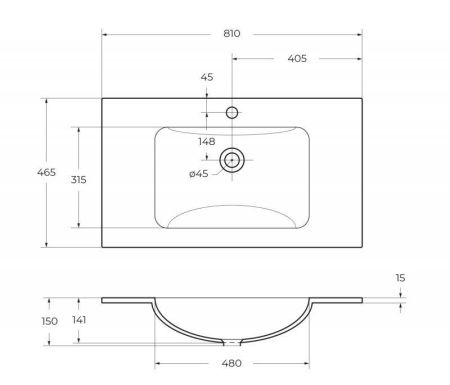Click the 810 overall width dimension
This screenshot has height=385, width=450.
pyautogui.click(x=232, y=34)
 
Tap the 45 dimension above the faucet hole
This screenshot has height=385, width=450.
pyautogui.click(x=207, y=77)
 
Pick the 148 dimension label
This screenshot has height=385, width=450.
pyautogui.click(x=207, y=141)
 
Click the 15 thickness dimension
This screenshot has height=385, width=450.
pyautogui.click(x=401, y=277)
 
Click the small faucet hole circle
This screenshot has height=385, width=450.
pyautogui.click(x=232, y=112)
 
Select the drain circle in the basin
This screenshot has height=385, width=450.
pyautogui.click(x=232, y=159)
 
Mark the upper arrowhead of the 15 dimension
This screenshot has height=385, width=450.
pyautogui.click(x=400, y=294)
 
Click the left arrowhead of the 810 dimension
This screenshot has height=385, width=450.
pyautogui.click(x=104, y=34)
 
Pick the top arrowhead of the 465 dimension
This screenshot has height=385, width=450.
pyautogui.click(x=48, y=100)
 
